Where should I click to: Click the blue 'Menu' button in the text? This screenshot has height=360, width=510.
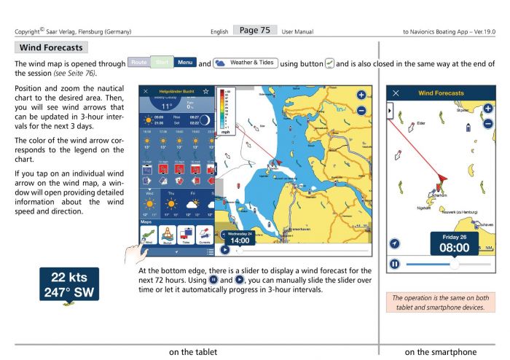point(185,63)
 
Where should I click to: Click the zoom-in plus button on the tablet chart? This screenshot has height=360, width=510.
point(361,94)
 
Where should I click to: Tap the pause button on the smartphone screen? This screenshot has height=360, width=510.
point(396,263)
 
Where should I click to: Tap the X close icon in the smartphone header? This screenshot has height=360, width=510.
point(396,94)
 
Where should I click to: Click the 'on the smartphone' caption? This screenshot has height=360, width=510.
point(442,351)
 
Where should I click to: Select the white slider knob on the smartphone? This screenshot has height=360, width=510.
point(455,264)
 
